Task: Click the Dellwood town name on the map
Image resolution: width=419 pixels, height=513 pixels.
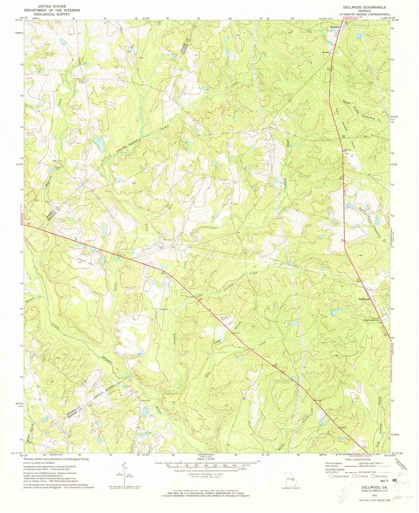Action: (364, 299)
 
